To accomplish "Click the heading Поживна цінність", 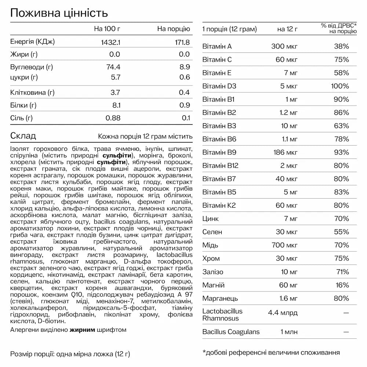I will pos(59,13).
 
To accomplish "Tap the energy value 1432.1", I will pos(110,42).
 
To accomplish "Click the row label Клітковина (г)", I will pos(32,92).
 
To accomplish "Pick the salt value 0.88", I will pos(113,118).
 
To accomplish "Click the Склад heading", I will pos(23,136).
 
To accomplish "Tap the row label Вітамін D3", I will pos(219,86).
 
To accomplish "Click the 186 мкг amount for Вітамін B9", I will pos(286,152).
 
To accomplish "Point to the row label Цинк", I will pos(211,219).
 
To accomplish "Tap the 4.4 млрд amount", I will pos(283,313).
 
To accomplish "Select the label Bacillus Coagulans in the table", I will pos(231,332).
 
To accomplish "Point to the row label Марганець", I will pos(220,298).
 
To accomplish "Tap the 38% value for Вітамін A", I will pos(341,47).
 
